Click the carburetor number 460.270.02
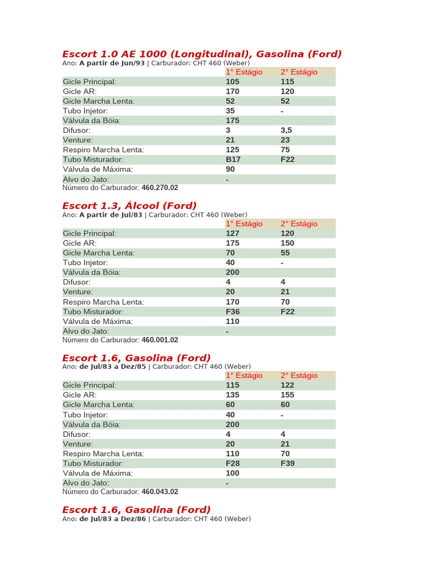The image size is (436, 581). [160, 187]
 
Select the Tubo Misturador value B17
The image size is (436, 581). [233, 159]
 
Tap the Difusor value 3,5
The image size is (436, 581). [286, 130]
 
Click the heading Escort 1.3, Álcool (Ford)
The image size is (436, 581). [129, 205]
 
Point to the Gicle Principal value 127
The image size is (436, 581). [233, 233]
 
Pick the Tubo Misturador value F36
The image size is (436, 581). [233, 311]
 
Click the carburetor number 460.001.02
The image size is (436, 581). [160, 340]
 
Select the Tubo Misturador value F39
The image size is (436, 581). [287, 463]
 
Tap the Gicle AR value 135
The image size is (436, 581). [233, 394]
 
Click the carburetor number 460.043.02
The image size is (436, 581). [160, 491]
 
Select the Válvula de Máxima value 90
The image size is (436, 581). [230, 169]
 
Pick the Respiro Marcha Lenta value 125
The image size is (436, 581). [233, 150]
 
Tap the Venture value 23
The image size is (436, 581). [285, 140]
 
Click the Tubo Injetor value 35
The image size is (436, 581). [230, 111]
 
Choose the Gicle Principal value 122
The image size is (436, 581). [287, 385]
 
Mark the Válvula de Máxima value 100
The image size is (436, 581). [233, 473]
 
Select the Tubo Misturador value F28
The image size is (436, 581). [233, 463]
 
